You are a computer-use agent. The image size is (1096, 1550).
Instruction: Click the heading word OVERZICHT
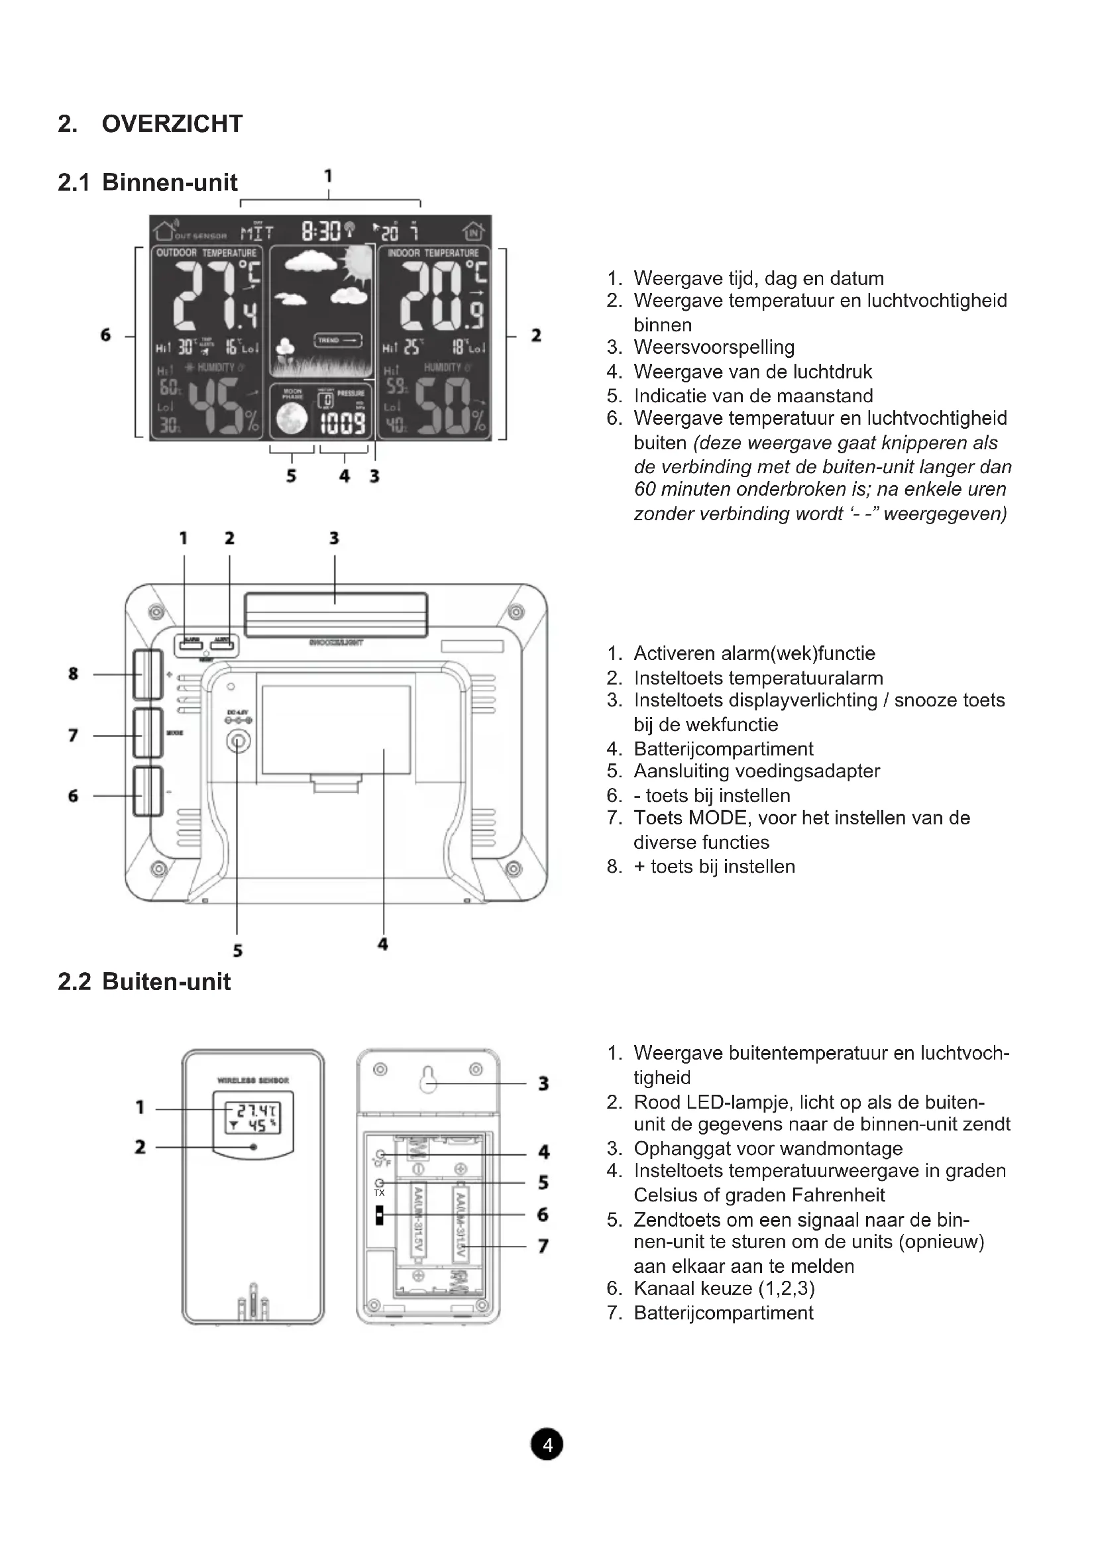click(x=172, y=124)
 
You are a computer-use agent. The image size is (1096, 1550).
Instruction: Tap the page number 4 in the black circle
click(x=547, y=1445)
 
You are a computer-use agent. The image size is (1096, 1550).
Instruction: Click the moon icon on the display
click(x=292, y=419)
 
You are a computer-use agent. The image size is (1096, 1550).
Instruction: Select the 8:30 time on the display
click(x=321, y=231)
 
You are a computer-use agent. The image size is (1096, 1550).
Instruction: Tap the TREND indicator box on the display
click(x=337, y=340)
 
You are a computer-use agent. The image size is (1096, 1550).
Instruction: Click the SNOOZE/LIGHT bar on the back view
click(x=335, y=614)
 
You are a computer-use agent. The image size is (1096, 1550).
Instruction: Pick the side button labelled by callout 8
click(x=147, y=674)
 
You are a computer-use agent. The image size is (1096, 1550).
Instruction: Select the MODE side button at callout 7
click(x=147, y=733)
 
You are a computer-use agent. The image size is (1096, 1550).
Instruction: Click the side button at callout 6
click(x=147, y=792)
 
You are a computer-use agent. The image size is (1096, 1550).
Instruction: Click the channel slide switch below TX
click(x=380, y=1215)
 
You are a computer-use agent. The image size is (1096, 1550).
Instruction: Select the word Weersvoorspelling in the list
click(x=714, y=348)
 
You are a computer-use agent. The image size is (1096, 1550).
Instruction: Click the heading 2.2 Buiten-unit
click(x=144, y=981)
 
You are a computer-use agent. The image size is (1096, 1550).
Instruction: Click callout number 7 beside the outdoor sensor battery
click(x=543, y=1246)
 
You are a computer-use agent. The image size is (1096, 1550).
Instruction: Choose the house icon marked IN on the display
click(x=473, y=231)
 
